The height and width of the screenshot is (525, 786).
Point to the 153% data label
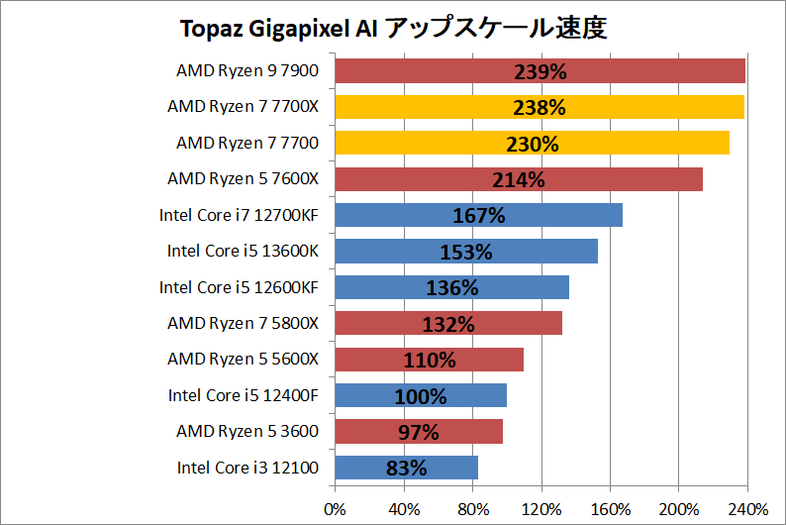(x=466, y=252)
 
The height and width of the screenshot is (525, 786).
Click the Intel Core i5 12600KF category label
(x=239, y=287)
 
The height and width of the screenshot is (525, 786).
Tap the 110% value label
(x=429, y=361)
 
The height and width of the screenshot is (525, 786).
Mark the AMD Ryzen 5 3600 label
(x=247, y=431)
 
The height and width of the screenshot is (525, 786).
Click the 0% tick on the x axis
(x=336, y=508)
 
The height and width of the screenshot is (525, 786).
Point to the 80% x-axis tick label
(x=472, y=508)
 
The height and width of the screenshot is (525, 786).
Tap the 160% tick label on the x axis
(x=610, y=508)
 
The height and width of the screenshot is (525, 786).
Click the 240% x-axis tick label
(x=746, y=508)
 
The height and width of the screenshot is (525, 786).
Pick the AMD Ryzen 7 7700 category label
(x=247, y=143)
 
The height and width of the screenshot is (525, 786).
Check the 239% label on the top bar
(x=540, y=71)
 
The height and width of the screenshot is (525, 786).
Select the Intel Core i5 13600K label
(x=243, y=251)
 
